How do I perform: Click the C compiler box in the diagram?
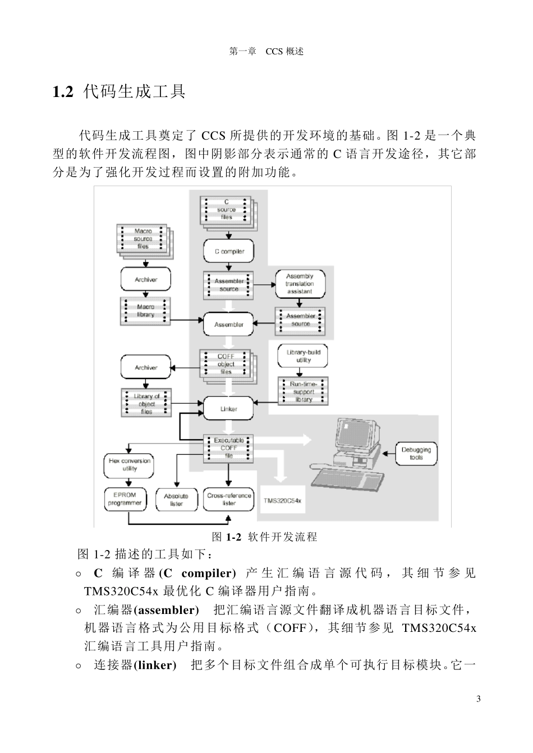229,252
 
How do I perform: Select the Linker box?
228,409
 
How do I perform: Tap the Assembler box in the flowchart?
229,324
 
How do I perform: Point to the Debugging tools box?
416,454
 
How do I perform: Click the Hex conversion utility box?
130,465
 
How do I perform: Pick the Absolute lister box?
176,500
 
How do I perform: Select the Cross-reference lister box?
229,499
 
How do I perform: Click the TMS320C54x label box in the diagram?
282,500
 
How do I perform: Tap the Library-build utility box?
303,356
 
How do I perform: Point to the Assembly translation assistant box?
299,284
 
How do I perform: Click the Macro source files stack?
144,239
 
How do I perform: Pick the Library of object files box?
146,404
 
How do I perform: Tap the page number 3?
478,699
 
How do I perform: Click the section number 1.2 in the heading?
63,92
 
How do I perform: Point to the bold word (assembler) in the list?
166,609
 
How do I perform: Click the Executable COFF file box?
228,448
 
